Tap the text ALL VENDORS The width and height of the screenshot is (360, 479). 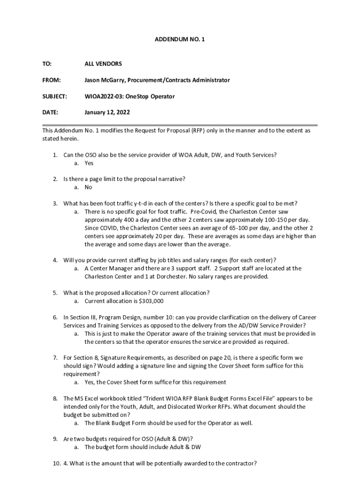pos(103,64)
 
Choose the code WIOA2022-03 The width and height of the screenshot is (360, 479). pos(103,96)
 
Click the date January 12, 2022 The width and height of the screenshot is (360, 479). pos(107,112)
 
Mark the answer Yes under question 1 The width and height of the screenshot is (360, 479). pos(89,163)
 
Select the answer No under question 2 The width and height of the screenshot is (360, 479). pos(88,187)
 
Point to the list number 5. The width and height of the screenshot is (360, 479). pos(55,293)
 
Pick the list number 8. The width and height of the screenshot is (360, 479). pos(55,399)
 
